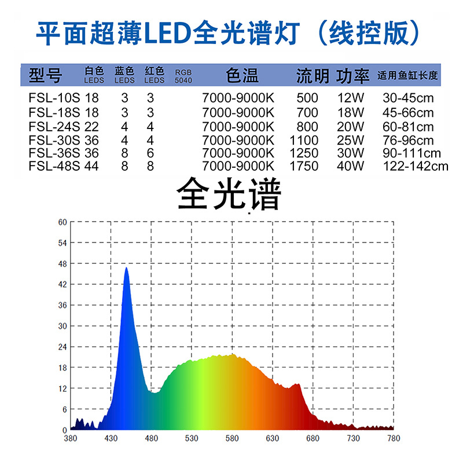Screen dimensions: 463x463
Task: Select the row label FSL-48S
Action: (55, 167)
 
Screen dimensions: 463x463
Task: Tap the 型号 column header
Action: (45, 75)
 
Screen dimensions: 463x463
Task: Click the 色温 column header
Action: (242, 75)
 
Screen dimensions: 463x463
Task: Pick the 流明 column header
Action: (313, 76)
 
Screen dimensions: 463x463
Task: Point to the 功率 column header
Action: (353, 76)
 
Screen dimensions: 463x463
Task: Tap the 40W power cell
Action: (351, 167)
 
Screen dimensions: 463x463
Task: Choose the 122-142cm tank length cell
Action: (416, 167)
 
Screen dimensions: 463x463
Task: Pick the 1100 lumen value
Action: (304, 139)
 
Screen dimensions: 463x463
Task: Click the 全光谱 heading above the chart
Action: (229, 195)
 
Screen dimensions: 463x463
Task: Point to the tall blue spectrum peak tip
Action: (126, 268)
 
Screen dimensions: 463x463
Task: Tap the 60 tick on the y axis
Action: (63, 222)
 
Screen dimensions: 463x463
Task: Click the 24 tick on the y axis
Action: (63, 347)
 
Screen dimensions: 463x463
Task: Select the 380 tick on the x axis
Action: (71, 438)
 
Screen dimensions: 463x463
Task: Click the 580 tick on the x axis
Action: (232, 438)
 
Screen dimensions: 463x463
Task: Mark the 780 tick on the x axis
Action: (394, 438)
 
